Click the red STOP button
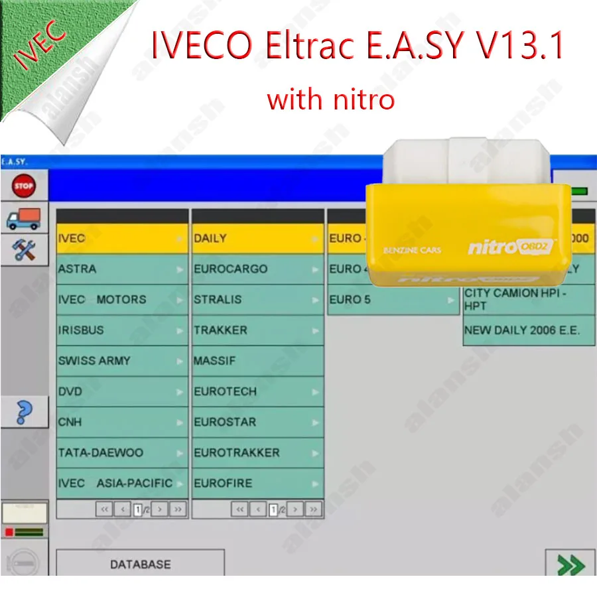[x=23, y=186]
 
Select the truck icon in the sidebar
[x=23, y=218]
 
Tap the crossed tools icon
[x=23, y=249]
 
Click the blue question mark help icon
[x=23, y=412]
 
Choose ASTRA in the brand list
[x=122, y=269]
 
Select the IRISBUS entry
[x=122, y=330]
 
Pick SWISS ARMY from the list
[x=122, y=361]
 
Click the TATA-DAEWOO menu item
[x=122, y=452]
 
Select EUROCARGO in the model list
[x=257, y=269]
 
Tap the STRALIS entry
[x=257, y=300]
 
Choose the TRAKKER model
[x=257, y=330]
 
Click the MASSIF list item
[x=257, y=361]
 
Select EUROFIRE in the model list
[x=257, y=483]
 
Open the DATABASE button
[x=140, y=564]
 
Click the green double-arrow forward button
[x=570, y=565]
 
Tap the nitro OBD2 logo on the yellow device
[x=511, y=247]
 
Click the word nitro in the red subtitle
[x=362, y=100]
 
